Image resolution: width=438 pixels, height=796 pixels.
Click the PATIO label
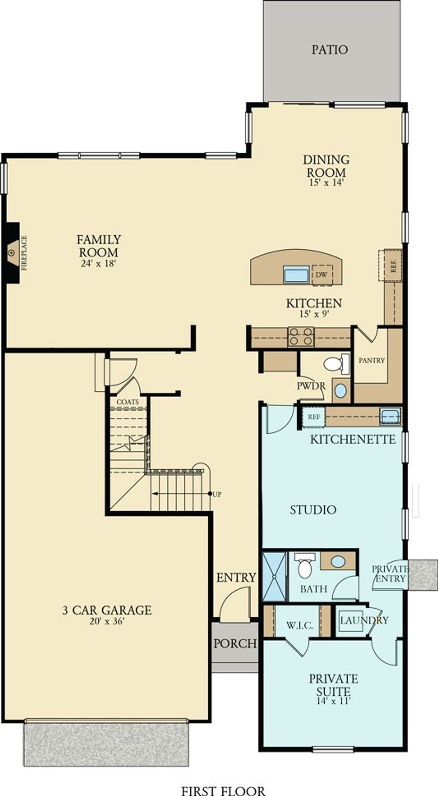pyautogui.click(x=329, y=50)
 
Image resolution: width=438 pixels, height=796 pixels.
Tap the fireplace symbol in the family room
pyautogui.click(x=12, y=253)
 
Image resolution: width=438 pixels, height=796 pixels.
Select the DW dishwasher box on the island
pyautogui.click(x=322, y=274)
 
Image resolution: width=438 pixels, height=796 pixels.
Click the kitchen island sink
pyautogui.click(x=296, y=274)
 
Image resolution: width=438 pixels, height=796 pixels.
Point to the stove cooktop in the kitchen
pyautogui.click(x=301, y=336)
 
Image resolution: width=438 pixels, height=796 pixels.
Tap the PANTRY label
pyautogui.click(x=371, y=360)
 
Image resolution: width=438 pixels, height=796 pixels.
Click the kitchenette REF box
pyautogui.click(x=314, y=417)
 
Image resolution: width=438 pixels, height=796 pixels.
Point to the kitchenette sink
pyautogui.click(x=390, y=416)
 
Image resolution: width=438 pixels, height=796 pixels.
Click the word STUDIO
pyautogui.click(x=313, y=510)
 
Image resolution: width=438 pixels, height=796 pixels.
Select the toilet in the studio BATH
pyautogui.click(x=305, y=567)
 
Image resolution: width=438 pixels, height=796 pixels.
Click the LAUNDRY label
pyautogui.click(x=364, y=620)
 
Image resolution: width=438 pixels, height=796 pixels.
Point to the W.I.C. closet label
pyautogui.click(x=299, y=626)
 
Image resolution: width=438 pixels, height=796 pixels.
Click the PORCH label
pyautogui.click(x=235, y=643)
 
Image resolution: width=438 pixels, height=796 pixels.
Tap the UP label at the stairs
pyautogui.click(x=217, y=495)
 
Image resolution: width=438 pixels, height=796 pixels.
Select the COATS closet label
pyautogui.click(x=127, y=402)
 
